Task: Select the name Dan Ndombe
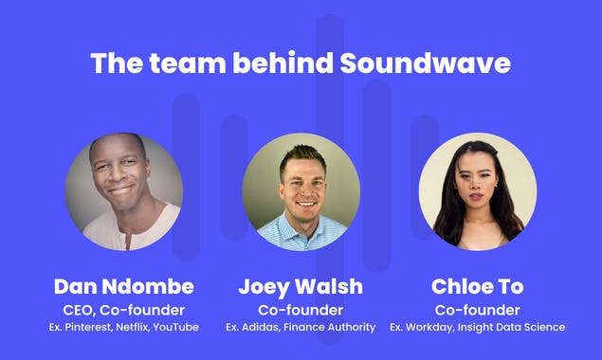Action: (123, 287)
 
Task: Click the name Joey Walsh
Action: (301, 287)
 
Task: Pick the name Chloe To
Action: (477, 287)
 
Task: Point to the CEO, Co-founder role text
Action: (123, 310)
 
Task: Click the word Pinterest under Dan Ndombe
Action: (91, 328)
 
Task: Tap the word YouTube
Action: (176, 328)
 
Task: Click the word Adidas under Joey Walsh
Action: (261, 328)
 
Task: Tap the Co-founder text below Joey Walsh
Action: (301, 310)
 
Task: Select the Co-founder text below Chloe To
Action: (477, 310)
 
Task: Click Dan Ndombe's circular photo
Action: (123, 190)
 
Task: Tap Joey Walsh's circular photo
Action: (301, 190)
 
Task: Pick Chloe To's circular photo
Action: (477, 190)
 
